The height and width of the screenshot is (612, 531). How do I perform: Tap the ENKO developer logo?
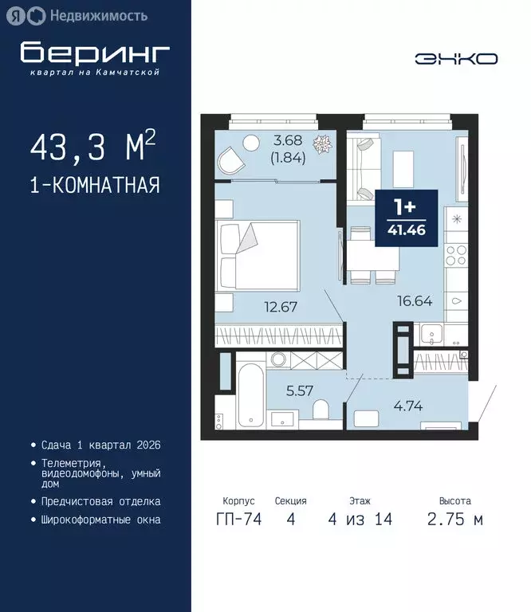point(456,58)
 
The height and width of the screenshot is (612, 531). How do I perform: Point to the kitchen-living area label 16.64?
point(415,300)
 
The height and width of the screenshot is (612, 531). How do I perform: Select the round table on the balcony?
point(251,143)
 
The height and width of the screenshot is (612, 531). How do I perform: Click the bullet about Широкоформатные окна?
point(100,520)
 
